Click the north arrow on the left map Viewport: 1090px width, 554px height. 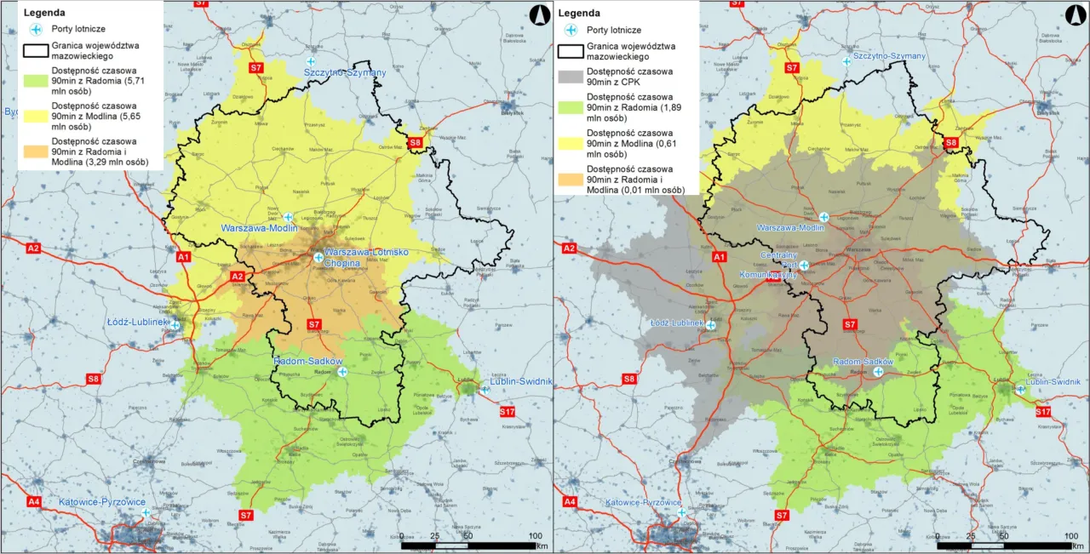point(536,14)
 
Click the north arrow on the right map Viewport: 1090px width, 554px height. point(1073,14)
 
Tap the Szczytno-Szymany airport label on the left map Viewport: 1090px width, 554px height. point(345,73)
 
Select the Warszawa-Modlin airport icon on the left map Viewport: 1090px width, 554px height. point(288,217)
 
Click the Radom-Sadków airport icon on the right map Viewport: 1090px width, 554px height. point(878,372)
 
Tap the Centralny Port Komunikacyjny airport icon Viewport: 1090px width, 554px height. point(803,266)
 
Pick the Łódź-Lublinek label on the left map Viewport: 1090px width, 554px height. point(138,323)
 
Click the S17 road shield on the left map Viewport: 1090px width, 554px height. point(508,412)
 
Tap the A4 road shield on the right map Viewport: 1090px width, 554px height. point(569,502)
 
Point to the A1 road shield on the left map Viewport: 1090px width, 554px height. point(183,256)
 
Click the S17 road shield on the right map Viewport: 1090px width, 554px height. point(1042,412)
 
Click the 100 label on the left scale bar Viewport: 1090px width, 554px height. point(536,535)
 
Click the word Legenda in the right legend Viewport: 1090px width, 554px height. point(579,13)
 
